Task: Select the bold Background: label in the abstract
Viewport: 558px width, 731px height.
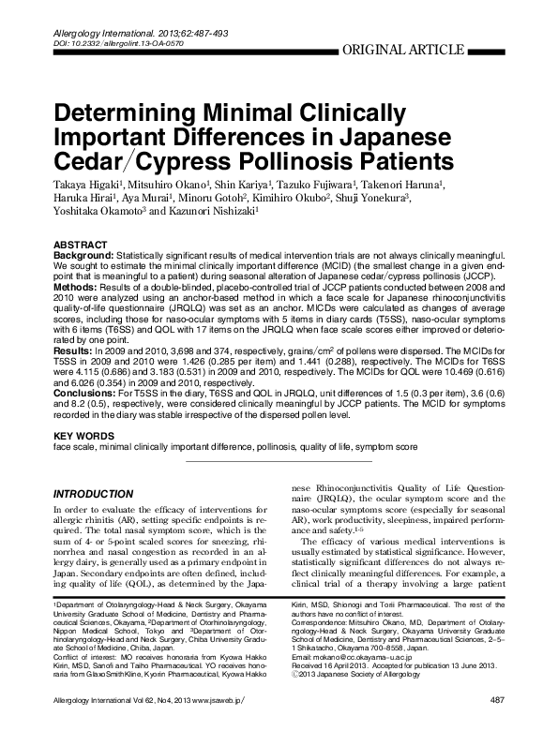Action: click(x=83, y=255)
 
